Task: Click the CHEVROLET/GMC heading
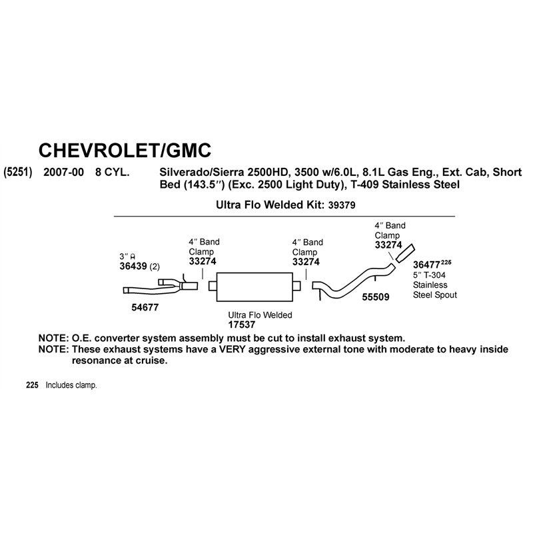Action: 125,151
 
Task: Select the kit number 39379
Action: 342,205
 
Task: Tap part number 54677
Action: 145,307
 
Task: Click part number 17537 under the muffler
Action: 242,324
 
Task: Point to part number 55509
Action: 376,296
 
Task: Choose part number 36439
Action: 133,266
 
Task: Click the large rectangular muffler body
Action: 255,287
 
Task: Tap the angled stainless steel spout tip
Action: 405,253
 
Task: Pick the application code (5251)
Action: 18,172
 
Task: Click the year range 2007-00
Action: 63,172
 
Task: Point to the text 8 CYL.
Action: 112,172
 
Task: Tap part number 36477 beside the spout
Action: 426,265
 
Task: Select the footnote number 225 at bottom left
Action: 32,385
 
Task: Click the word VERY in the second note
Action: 232,349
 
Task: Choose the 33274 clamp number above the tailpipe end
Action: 388,245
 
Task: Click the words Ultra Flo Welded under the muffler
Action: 260,315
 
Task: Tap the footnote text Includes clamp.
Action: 71,386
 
